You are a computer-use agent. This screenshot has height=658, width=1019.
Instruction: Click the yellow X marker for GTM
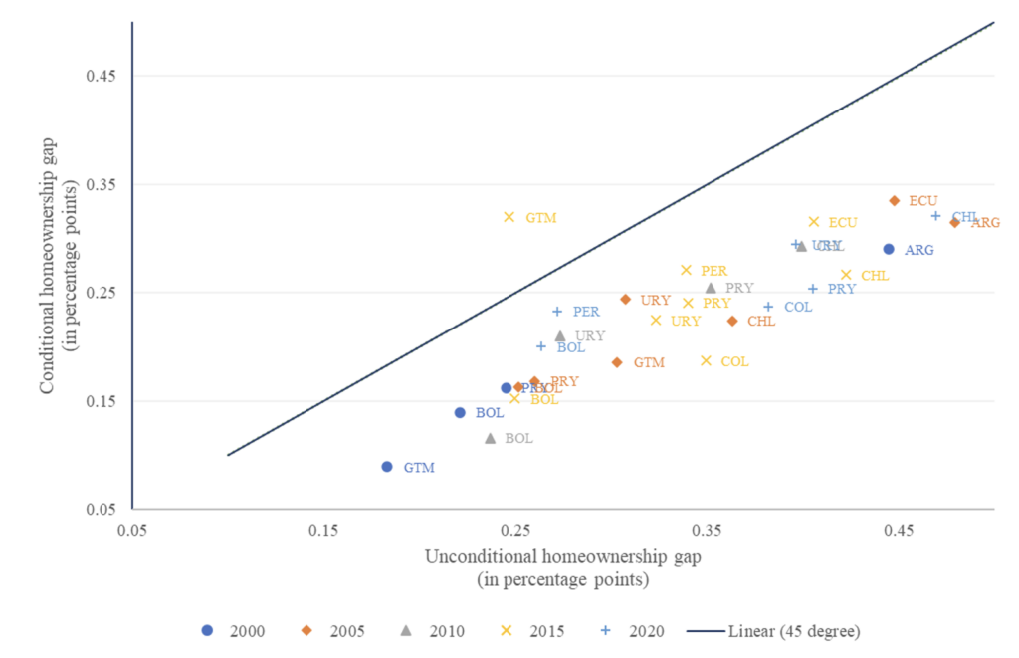pos(509,217)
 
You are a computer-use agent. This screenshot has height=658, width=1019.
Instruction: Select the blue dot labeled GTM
pos(387,467)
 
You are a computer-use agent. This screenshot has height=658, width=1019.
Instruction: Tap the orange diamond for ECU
pos(894,200)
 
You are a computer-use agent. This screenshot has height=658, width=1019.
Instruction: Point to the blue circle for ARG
pos(889,249)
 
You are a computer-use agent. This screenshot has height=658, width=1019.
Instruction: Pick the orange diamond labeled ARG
pos(954,222)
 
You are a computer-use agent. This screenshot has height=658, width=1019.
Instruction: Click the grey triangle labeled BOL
pos(490,438)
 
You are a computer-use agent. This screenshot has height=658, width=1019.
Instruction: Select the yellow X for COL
pos(706,360)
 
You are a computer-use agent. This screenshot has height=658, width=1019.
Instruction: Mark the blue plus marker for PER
pos(557,312)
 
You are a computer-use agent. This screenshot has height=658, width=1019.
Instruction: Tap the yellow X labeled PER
pos(686,270)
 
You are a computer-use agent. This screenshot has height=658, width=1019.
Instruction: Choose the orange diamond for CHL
pos(732,321)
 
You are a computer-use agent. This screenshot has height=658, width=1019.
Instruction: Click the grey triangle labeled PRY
pos(711,288)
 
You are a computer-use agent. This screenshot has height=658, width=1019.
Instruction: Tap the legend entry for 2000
pos(235,630)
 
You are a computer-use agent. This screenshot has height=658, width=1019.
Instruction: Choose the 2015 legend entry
pos(531,630)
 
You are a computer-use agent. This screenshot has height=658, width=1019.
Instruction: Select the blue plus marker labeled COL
pos(768,307)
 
